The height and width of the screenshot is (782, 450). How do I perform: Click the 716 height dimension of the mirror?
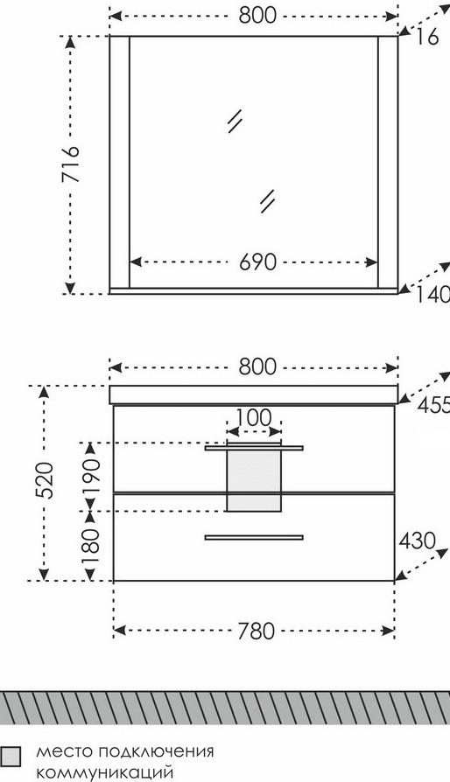coord(71,164)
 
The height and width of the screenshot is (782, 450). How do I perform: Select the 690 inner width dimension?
coord(257,262)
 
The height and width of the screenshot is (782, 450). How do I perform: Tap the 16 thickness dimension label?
coord(427,37)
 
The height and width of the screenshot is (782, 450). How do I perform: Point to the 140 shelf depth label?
coord(433,297)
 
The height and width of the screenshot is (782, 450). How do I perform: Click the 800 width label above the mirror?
coord(257,16)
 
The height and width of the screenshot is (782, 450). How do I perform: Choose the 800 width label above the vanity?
coord(257,367)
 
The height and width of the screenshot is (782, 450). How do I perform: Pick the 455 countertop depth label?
coord(433,406)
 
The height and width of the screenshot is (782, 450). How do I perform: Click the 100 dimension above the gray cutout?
coord(253,417)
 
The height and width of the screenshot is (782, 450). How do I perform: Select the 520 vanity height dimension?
coord(44,480)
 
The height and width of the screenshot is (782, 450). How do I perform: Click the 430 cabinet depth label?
coord(417,541)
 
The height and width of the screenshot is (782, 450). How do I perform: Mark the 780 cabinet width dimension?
coord(256,632)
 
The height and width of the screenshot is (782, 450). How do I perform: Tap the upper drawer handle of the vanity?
coord(254,448)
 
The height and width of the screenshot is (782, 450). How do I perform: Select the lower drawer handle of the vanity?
coord(254,537)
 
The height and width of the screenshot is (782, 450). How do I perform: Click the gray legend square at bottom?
coord(11,756)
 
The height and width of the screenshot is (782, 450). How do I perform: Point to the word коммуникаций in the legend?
coord(105,773)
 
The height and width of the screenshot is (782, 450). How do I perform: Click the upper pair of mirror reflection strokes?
coord(235,122)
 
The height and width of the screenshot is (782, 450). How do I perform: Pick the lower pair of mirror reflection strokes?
coord(267,202)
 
